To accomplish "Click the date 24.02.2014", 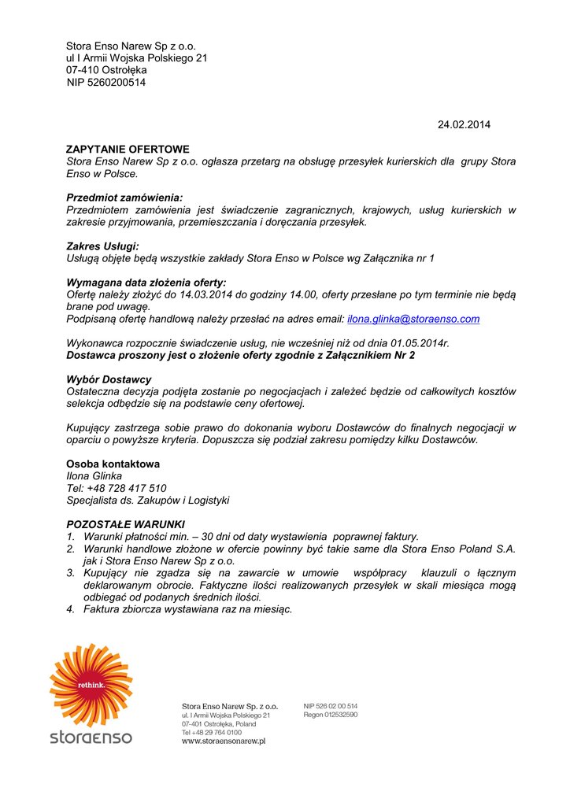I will click(x=464, y=124).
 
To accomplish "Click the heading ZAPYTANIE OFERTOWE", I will click(x=128, y=149).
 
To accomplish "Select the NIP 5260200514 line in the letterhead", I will click(x=106, y=82).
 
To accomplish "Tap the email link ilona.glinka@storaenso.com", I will click(x=413, y=319).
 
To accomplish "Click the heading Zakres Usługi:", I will click(x=102, y=246).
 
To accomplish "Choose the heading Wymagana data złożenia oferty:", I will click(x=146, y=282).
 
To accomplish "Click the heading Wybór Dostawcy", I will click(x=109, y=379).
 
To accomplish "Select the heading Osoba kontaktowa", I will click(x=113, y=464).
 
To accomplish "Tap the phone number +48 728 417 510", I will click(x=126, y=488).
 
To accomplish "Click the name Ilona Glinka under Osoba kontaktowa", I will click(x=94, y=475).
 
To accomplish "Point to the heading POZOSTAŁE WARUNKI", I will click(x=125, y=523).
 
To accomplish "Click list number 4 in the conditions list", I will click(x=70, y=608).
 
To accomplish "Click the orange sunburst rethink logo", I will click(x=91, y=684).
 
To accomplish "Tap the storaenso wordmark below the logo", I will click(x=91, y=738).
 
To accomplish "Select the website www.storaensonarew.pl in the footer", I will click(x=223, y=741).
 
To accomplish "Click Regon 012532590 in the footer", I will click(x=331, y=715).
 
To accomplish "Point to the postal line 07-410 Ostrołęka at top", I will click(x=106, y=70).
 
